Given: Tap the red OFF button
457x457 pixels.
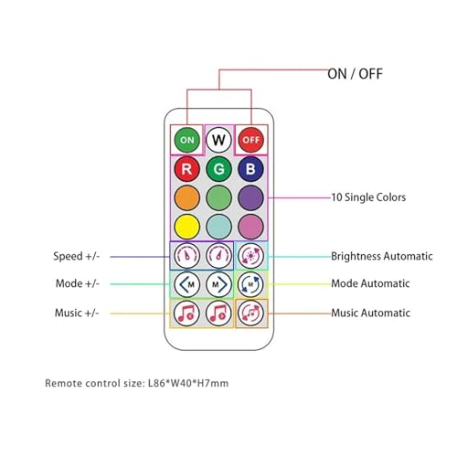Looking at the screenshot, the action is click(251, 140).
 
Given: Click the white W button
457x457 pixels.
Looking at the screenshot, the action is click(218, 140).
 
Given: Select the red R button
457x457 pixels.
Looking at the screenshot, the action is click(186, 169).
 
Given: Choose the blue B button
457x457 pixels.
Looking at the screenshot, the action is click(250, 169).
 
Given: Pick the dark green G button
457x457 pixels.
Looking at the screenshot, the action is click(218, 169).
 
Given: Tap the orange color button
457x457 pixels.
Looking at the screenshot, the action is click(186, 197).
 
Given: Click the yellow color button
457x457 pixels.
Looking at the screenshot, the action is click(186, 227).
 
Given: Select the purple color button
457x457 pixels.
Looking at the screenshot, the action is click(250, 197).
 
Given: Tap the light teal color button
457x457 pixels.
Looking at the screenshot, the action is click(218, 227).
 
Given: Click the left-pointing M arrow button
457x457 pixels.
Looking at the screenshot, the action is click(186, 284).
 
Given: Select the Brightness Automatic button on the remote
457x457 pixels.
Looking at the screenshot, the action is click(250, 256).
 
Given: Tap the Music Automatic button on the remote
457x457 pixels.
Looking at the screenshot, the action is click(250, 314).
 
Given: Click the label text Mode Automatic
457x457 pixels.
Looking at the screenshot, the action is click(370, 283).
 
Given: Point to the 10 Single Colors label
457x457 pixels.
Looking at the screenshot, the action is click(368, 197).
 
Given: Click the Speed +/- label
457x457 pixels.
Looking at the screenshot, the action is click(77, 256).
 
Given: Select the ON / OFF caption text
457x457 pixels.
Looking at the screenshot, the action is click(355, 74).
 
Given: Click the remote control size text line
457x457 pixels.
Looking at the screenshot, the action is click(137, 383).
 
